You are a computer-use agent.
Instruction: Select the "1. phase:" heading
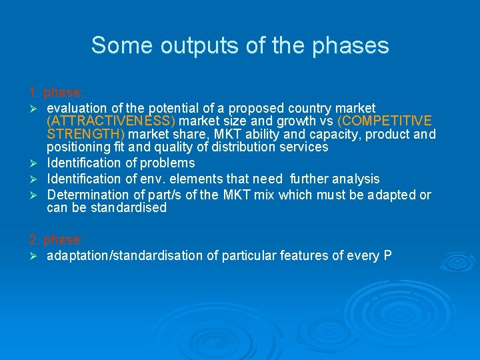[56, 91]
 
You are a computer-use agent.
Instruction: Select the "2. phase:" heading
[56, 239]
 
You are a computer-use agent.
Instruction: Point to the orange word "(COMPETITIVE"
[385, 121]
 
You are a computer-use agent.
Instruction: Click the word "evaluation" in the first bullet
[76, 108]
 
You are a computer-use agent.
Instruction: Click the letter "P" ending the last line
[387, 256]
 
